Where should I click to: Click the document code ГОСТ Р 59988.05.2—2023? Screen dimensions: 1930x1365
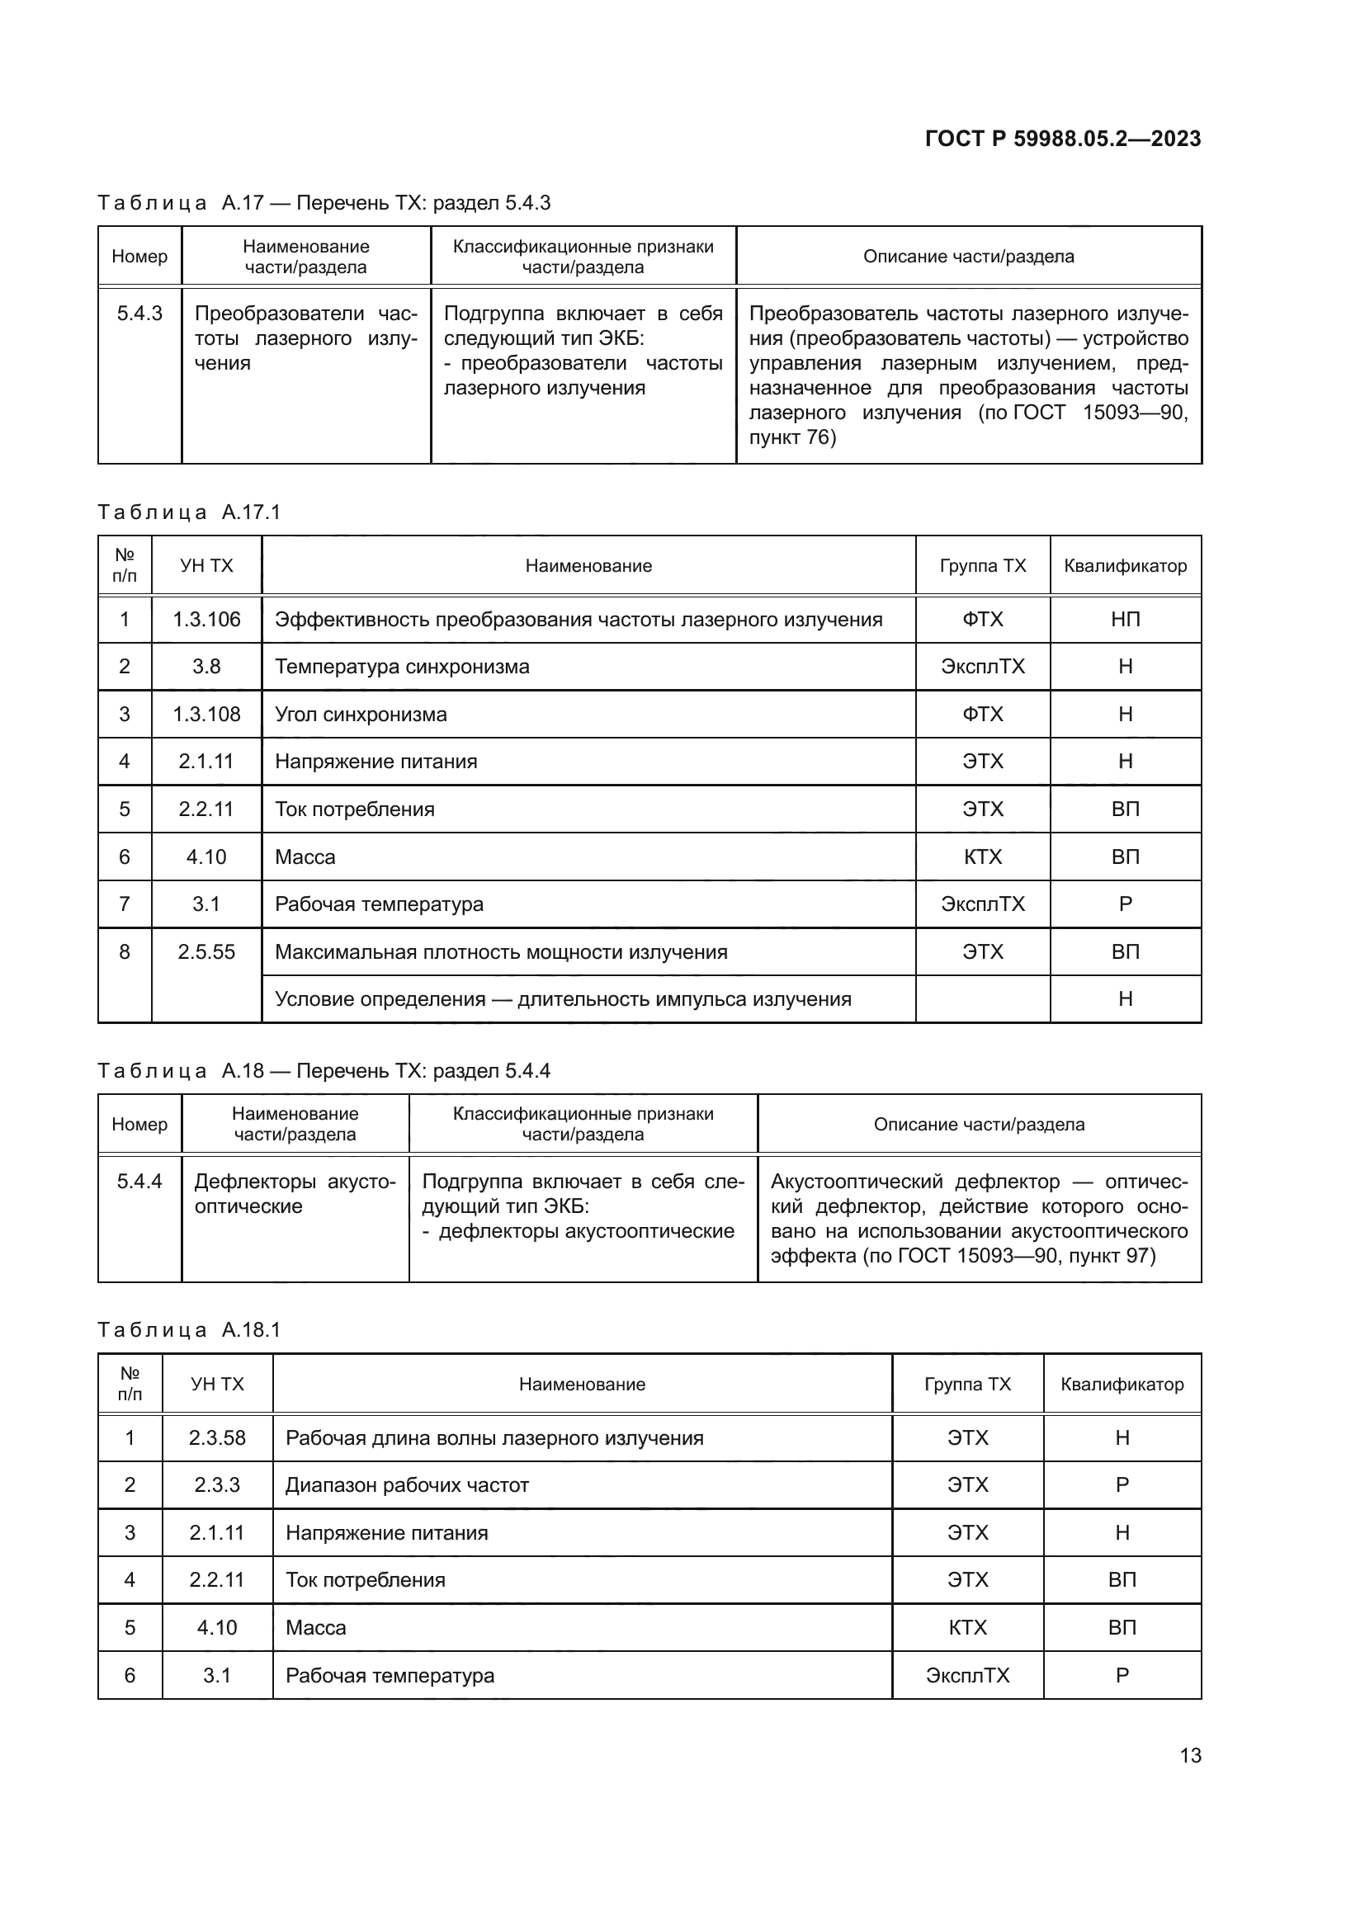(x=1062, y=139)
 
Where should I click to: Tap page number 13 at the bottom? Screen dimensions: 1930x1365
(x=1190, y=1755)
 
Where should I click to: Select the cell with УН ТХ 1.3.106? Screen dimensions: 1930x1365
(x=206, y=620)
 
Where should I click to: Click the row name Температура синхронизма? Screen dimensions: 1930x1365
(x=402, y=667)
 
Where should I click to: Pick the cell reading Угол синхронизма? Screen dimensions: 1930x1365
(x=361, y=715)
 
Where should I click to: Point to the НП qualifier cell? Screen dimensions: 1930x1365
(x=1126, y=620)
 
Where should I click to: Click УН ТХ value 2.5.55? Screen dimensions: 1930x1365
(x=206, y=951)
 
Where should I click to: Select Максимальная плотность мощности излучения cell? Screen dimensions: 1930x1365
(x=501, y=952)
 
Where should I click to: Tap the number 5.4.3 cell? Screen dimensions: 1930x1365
(x=139, y=314)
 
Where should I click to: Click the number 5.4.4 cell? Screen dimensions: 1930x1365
(x=139, y=1181)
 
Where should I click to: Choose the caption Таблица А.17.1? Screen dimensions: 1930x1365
(x=189, y=512)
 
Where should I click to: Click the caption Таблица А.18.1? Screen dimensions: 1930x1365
(x=189, y=1329)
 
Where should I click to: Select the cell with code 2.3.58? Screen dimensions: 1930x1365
(x=217, y=1437)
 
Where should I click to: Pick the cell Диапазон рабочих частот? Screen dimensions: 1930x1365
(x=407, y=1484)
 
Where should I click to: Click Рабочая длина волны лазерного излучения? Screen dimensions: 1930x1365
(x=494, y=1437)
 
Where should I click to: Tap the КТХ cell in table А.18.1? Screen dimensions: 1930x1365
(x=967, y=1627)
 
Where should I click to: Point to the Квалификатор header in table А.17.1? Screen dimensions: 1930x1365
(x=1126, y=566)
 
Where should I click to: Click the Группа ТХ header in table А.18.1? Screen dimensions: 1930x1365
(x=967, y=1384)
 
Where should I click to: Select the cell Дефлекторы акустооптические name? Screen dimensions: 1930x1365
(x=295, y=1194)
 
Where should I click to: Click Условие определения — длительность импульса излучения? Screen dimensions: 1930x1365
(x=563, y=999)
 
